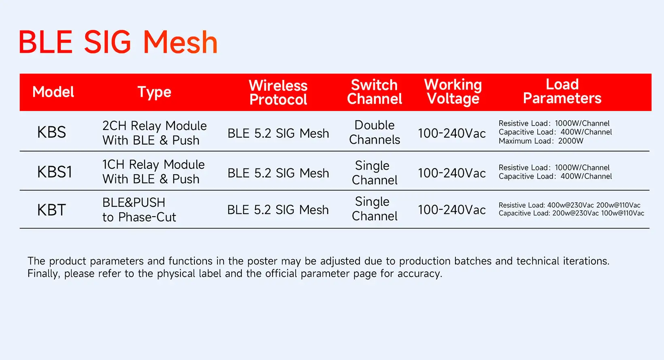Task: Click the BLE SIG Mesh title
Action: click(118, 42)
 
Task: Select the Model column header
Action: click(53, 92)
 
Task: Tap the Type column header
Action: click(154, 92)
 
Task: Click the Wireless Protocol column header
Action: click(278, 92)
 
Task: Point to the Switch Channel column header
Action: click(375, 92)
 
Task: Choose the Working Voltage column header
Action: click(453, 92)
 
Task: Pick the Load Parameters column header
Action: click(562, 91)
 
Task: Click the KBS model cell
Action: click(51, 132)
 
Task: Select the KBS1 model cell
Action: click(55, 172)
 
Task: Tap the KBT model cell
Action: click(51, 210)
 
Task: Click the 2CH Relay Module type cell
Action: click(154, 133)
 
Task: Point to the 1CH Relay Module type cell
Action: click(153, 172)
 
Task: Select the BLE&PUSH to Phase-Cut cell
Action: click(139, 210)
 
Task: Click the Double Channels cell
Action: click(375, 132)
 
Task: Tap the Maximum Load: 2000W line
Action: click(541, 141)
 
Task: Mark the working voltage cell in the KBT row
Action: click(452, 210)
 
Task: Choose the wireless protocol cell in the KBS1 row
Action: click(278, 173)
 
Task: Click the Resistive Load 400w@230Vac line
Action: click(569, 205)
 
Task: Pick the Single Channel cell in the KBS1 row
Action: click(375, 173)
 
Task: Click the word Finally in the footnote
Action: click(44, 273)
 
